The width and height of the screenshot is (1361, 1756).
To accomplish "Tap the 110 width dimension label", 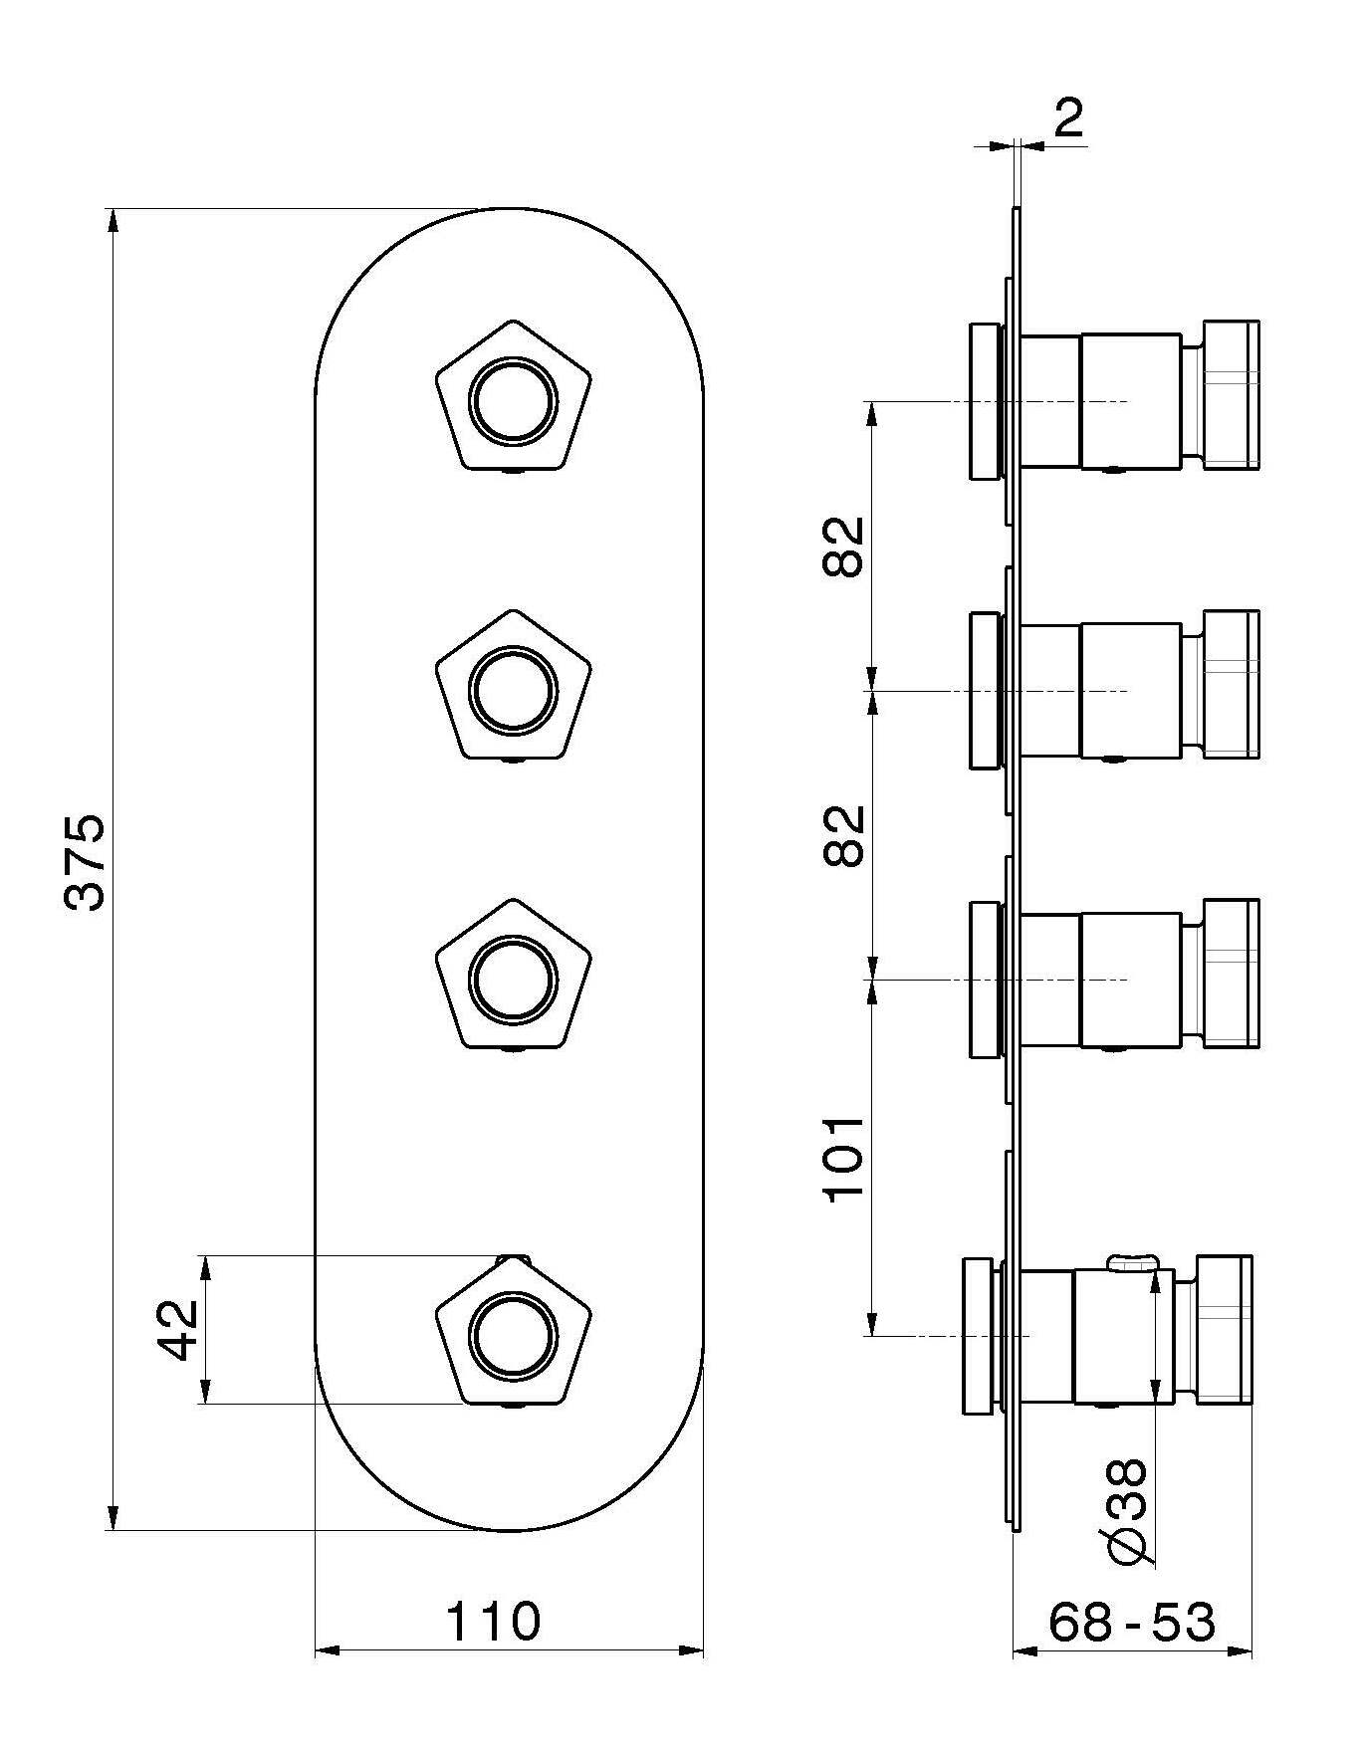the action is click(493, 1621).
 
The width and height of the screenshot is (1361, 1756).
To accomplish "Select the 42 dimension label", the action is click(180, 1329).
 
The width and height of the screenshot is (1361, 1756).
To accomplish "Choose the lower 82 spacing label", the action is click(845, 836).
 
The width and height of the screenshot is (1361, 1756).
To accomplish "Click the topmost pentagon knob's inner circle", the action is click(514, 402).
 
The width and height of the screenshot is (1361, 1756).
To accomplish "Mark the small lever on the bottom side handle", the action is click(1133, 1263).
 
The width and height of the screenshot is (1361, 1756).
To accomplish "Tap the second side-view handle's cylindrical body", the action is click(1130, 690).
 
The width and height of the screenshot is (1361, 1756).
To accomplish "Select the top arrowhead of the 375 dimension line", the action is click(113, 222).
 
